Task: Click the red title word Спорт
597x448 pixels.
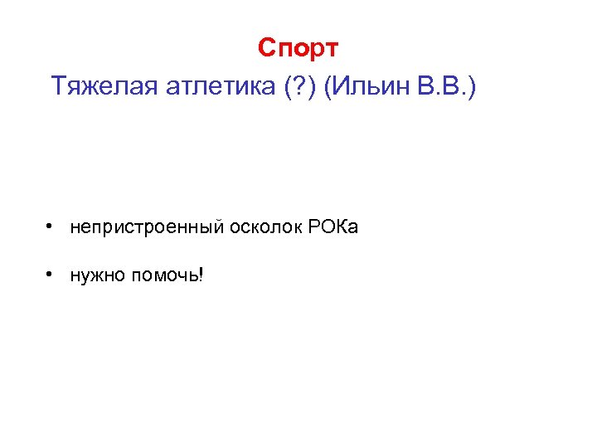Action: click(298, 48)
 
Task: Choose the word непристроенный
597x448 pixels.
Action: click(141, 226)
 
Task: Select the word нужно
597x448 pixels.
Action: click(96, 275)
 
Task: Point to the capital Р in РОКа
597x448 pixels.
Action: click(314, 226)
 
